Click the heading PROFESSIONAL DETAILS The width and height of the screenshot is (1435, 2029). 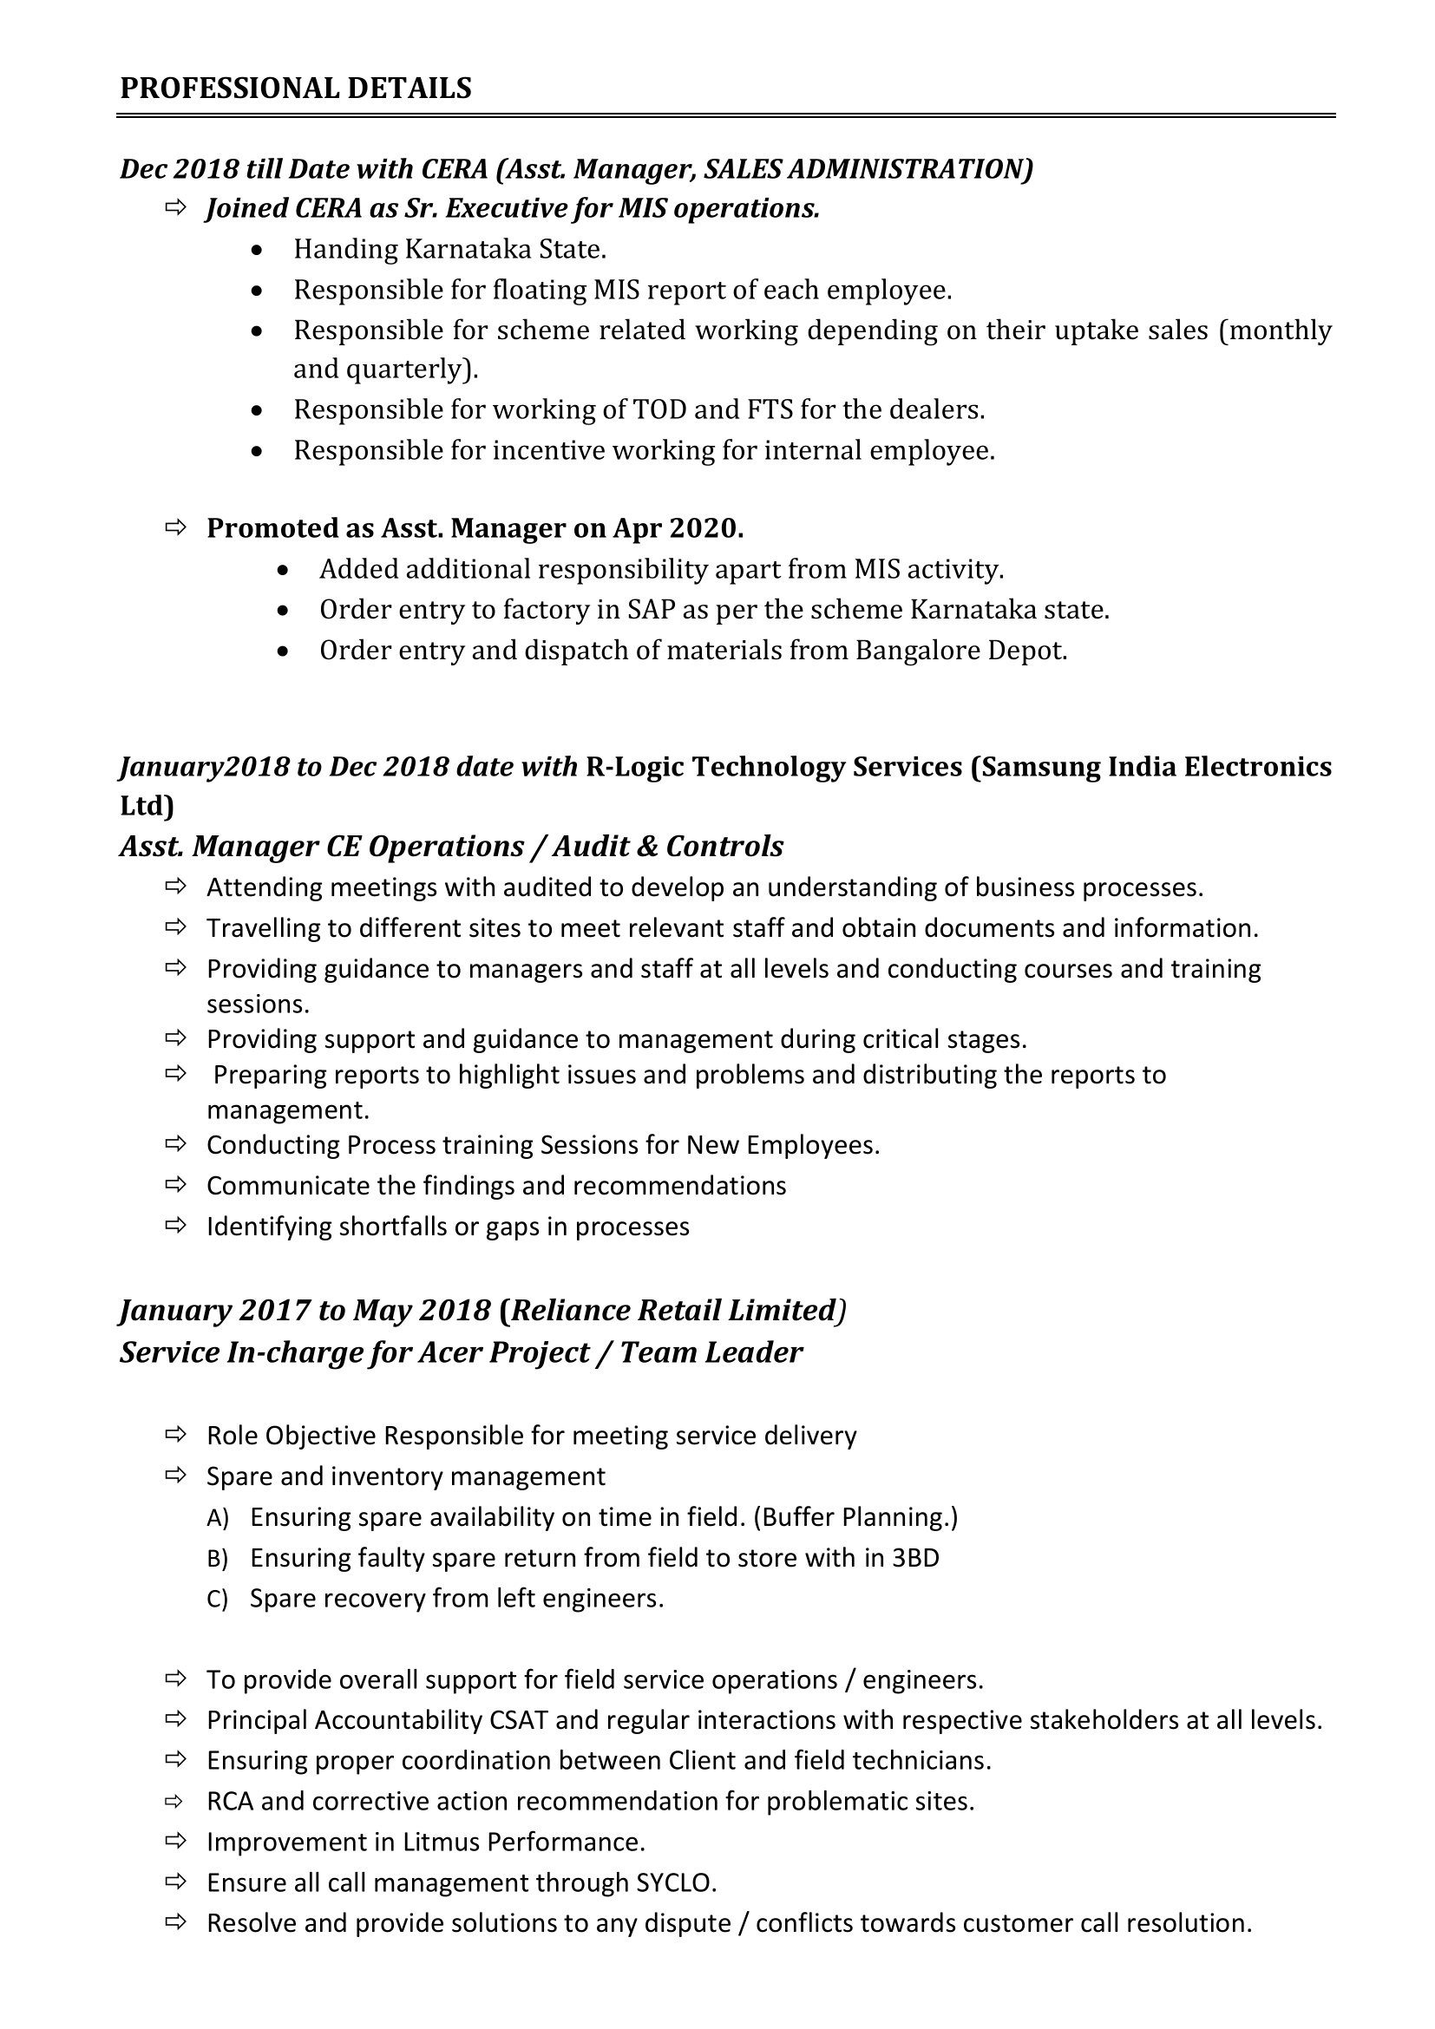tap(295, 88)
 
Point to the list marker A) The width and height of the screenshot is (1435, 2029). tap(218, 1517)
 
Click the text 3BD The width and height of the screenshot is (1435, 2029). tap(914, 1558)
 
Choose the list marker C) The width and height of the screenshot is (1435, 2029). tap(218, 1599)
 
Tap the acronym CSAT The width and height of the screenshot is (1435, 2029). tap(518, 1720)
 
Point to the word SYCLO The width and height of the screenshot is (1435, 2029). tap(674, 1883)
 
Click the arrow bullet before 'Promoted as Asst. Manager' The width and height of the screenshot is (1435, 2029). tap(176, 527)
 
